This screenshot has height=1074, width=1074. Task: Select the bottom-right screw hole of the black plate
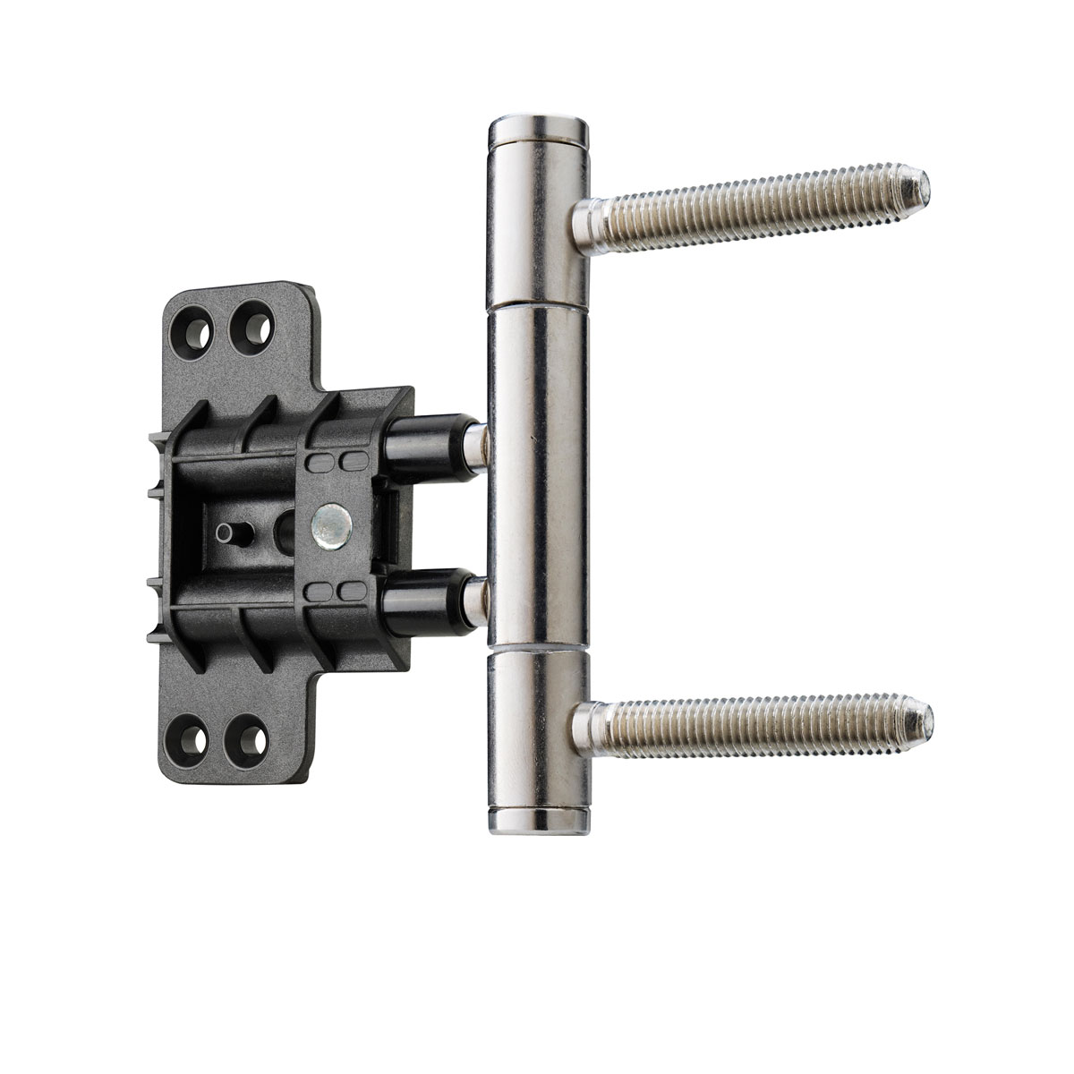(246, 739)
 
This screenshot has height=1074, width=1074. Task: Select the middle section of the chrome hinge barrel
(537, 474)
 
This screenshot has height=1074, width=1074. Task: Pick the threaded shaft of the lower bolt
(761, 722)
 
